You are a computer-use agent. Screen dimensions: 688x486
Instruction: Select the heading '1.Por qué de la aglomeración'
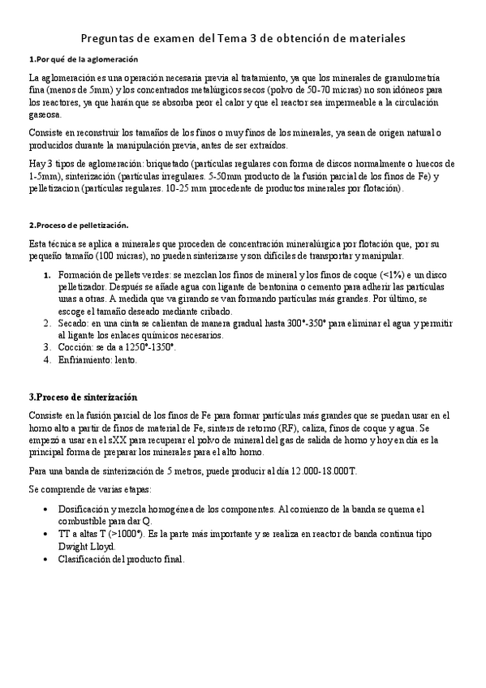point(83,59)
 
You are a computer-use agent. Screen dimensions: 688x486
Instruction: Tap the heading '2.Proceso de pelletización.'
point(78,225)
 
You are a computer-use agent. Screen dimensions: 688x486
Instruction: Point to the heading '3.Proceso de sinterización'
point(83,398)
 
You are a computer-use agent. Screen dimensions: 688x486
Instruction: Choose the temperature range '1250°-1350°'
point(147,347)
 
